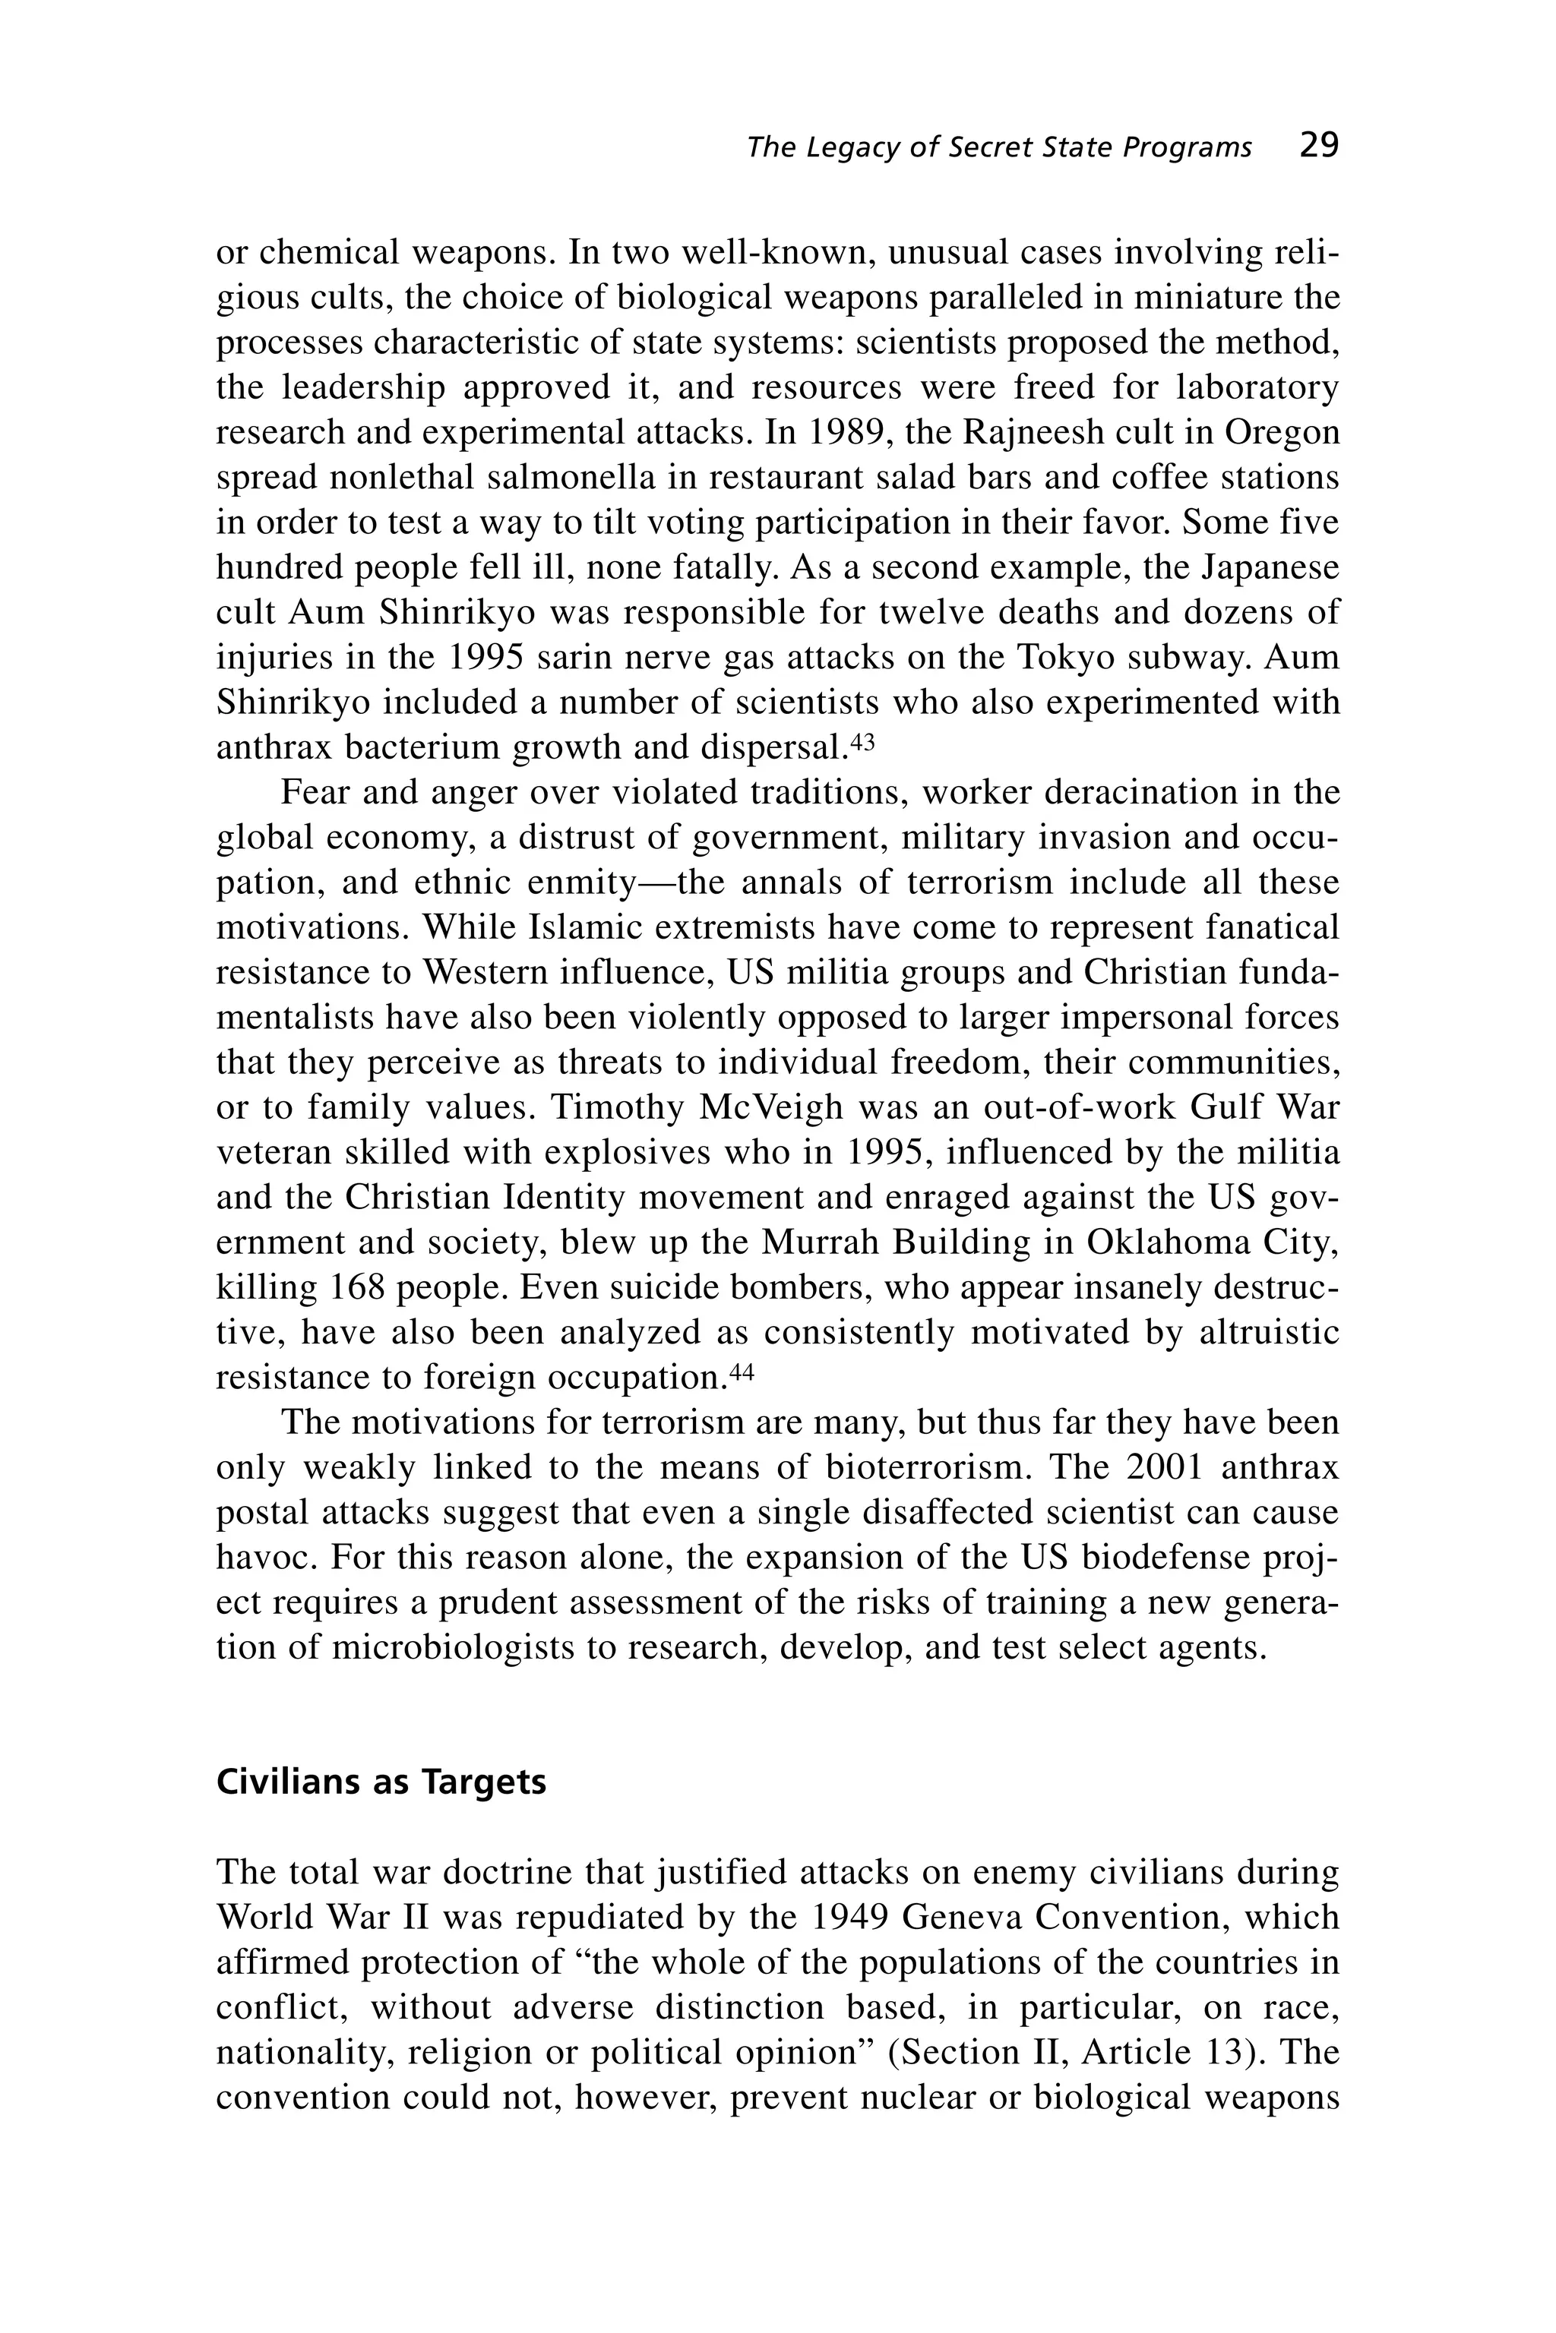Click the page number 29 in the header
[1319, 146]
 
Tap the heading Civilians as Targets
[381, 1782]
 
